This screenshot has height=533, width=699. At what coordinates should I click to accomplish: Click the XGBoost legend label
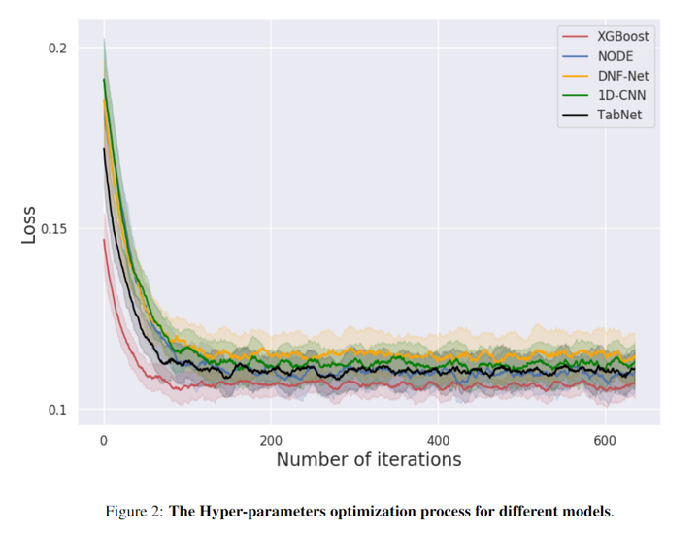pos(623,37)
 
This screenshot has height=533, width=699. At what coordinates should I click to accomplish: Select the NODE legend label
pos(616,56)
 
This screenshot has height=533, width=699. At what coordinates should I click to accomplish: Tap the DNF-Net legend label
pos(622,76)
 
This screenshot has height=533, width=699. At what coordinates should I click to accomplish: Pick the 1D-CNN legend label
pos(620,96)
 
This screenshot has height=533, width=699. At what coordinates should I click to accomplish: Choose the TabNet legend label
pos(619,116)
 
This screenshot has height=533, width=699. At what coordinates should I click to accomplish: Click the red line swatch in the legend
pos(576,37)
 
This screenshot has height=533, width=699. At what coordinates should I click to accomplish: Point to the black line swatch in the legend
pos(576,116)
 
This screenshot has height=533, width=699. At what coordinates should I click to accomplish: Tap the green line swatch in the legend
pos(576,96)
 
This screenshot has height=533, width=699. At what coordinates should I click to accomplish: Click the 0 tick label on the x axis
pos(104,439)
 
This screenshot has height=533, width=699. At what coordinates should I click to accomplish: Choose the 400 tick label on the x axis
pos(438,439)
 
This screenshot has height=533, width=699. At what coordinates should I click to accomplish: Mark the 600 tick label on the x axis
pos(605,439)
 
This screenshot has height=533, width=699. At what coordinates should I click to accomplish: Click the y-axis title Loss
pos(28,224)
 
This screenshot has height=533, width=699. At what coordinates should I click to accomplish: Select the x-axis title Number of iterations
pos(368,459)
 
